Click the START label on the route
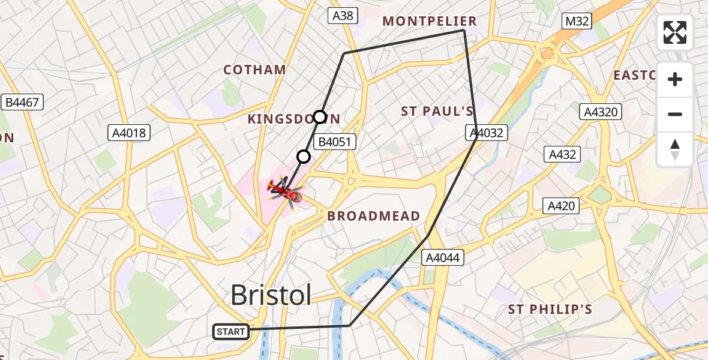pos(231,331)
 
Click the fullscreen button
pos(675,32)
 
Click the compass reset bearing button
pos(675,149)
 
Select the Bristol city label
pos(271,295)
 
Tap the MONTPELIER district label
pos(430,22)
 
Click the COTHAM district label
pos(254,70)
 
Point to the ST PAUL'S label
pos(437,111)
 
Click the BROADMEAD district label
pos(373,217)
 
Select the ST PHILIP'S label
pos(550,310)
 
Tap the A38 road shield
pos(343,16)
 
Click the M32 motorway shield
pos(577,22)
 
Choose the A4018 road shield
pos(129,133)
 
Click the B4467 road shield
pos(22,103)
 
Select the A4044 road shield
pos(442,257)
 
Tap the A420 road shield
pos(561,206)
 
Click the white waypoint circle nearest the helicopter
pos(304,157)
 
